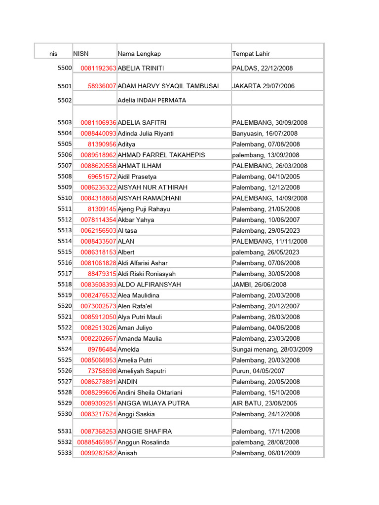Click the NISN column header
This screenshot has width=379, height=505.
(x=81, y=54)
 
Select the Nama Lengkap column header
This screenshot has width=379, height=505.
(x=139, y=54)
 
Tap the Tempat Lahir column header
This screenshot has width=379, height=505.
(x=251, y=54)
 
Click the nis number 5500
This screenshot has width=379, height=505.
(x=65, y=68)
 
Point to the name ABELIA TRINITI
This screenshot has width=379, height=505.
(x=141, y=69)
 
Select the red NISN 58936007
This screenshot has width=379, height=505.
(x=102, y=86)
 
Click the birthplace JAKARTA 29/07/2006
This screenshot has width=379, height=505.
(x=263, y=86)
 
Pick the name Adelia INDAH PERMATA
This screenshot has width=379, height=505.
(x=152, y=100)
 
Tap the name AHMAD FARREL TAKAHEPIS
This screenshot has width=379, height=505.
(x=161, y=155)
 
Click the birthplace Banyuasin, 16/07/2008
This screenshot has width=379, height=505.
(x=265, y=134)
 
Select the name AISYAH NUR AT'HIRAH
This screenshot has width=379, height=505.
(x=153, y=187)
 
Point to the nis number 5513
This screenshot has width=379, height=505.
(x=65, y=230)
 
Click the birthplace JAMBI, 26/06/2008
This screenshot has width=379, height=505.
(x=259, y=285)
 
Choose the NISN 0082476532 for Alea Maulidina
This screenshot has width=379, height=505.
(x=99, y=295)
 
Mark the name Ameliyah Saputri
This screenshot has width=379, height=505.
(x=142, y=371)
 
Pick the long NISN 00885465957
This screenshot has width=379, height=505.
(x=97, y=442)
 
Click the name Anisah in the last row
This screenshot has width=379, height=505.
(x=127, y=453)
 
